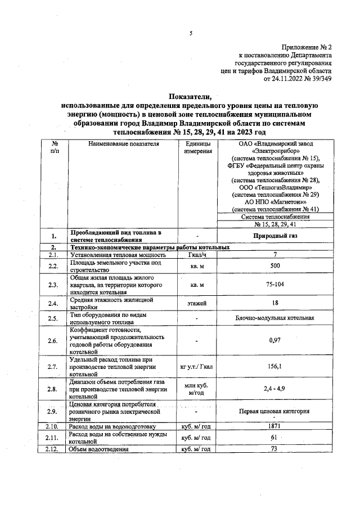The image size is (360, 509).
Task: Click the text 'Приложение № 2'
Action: (x=306, y=48)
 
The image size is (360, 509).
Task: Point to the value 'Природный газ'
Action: (x=275, y=236)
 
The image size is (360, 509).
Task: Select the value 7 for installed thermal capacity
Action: (x=275, y=255)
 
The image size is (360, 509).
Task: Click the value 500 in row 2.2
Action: (x=275, y=265)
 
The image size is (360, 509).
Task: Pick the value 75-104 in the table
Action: (x=275, y=285)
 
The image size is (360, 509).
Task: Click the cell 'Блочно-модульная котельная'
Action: (x=275, y=319)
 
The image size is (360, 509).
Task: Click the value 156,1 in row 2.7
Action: (x=275, y=366)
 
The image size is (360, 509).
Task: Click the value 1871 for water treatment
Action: (x=275, y=427)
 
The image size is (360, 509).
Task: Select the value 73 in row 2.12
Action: (x=275, y=449)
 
